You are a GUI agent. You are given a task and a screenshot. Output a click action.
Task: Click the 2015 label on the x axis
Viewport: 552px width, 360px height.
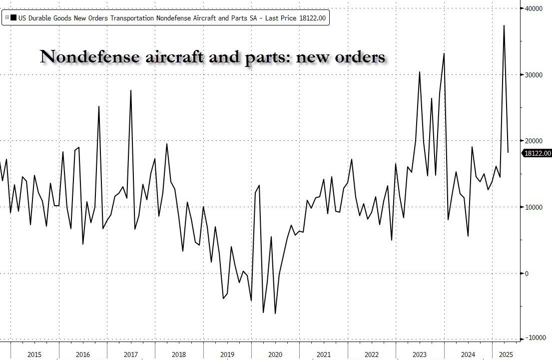point(34,354)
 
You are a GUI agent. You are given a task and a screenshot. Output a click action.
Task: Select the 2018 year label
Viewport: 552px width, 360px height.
point(179,354)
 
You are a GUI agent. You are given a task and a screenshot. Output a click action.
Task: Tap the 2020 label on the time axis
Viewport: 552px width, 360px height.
point(275,354)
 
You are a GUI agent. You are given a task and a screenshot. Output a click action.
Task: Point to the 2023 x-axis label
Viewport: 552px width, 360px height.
point(420,354)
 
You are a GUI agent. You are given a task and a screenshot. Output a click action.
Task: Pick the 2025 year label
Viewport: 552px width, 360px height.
point(505,354)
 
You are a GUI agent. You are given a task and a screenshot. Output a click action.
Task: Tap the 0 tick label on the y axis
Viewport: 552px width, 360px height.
point(526,273)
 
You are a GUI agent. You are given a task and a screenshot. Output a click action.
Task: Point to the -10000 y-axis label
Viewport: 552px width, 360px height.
point(534,339)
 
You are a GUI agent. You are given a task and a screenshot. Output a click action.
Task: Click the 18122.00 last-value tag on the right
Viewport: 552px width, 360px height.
point(537,154)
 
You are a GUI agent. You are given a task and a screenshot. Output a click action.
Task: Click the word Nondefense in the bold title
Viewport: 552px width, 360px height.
point(82,57)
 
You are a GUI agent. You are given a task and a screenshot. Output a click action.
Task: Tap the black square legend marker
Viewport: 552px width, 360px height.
point(13,18)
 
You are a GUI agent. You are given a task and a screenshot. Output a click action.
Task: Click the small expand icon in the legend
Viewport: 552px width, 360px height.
point(6,17)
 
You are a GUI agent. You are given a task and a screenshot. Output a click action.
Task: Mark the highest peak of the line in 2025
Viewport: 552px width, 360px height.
point(504,25)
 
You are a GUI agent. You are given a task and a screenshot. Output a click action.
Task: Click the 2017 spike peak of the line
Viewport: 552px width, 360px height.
point(131,90)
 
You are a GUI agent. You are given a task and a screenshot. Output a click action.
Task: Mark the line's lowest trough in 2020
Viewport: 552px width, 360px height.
point(275,314)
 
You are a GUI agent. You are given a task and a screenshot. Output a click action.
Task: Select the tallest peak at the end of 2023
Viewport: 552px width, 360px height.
point(444,53)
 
